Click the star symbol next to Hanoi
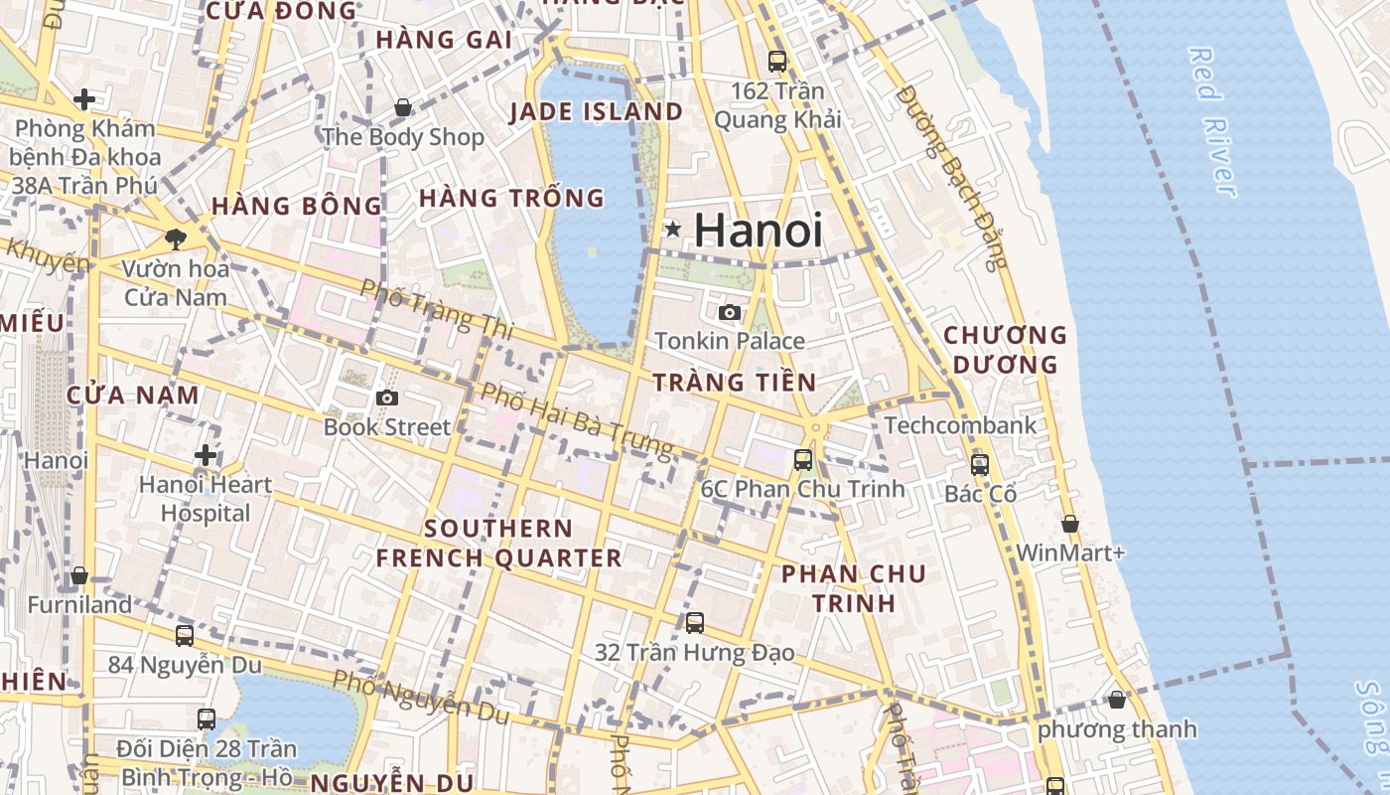point(672,230)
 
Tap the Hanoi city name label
point(759,231)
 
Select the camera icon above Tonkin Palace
point(730,312)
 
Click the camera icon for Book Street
point(387,398)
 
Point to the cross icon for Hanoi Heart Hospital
point(206,455)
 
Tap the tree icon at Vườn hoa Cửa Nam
point(176,238)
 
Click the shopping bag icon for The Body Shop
point(403,107)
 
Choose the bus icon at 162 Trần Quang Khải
point(777,61)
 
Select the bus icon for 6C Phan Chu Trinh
point(803,460)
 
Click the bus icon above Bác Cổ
point(980,464)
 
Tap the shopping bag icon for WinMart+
point(1070,523)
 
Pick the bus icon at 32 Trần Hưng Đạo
point(695,623)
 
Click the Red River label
point(1212,121)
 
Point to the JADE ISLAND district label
point(596,112)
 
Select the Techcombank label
point(960,425)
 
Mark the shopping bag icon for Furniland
point(79,575)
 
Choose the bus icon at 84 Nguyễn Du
point(185,635)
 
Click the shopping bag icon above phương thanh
point(1117,700)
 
